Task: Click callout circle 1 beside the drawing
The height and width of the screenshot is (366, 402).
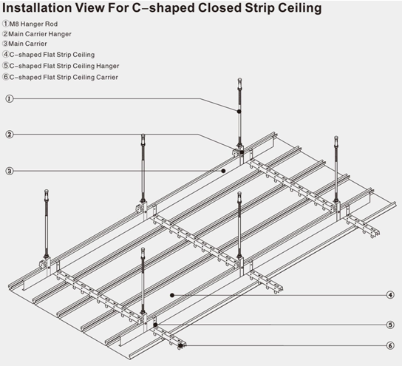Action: point(9,99)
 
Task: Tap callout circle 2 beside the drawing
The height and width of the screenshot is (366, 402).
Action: point(9,135)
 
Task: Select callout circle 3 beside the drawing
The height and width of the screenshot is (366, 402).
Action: point(9,171)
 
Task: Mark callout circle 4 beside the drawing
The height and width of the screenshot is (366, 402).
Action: point(391,295)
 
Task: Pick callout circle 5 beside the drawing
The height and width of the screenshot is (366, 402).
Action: point(391,324)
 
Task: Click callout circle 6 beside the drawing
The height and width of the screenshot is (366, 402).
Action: point(391,345)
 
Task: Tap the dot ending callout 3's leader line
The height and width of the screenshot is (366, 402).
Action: point(225,170)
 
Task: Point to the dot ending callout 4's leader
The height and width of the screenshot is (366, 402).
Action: point(172,295)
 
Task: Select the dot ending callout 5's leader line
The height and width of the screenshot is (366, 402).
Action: point(157,324)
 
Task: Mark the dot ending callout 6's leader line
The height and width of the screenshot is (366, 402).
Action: point(180,345)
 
